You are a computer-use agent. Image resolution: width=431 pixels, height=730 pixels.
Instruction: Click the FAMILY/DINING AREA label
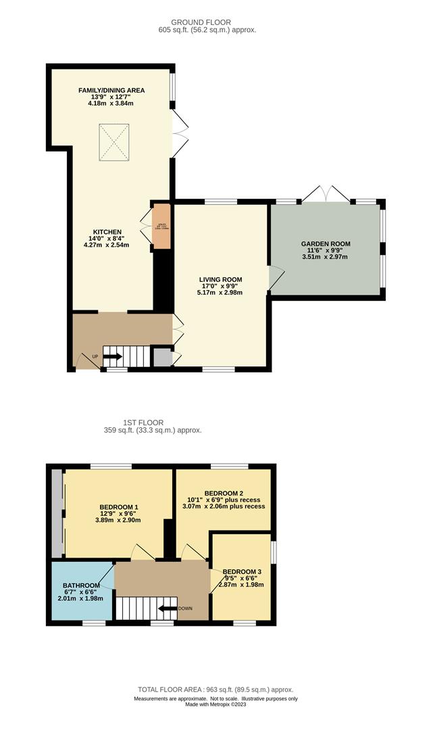coord(111,90)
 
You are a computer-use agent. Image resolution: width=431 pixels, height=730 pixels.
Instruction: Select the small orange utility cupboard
coord(161,225)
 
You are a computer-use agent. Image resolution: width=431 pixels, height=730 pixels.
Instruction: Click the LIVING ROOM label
coord(220,279)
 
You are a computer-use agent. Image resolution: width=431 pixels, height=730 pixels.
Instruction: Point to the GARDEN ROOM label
coord(326,243)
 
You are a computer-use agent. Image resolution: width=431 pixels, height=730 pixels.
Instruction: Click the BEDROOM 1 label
coord(119,507)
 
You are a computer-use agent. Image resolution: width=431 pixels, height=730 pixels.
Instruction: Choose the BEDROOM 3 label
coord(242,570)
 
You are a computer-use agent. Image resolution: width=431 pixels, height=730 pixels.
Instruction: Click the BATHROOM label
coord(82,585)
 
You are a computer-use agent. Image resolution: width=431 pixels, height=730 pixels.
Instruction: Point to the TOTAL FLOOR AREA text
coord(215,689)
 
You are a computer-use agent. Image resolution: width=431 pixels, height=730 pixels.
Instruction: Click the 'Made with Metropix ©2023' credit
coord(215,706)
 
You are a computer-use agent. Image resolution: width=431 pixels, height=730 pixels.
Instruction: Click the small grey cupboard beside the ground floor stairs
coord(162,357)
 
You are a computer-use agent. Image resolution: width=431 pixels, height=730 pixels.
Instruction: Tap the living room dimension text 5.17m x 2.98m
coord(220,293)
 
